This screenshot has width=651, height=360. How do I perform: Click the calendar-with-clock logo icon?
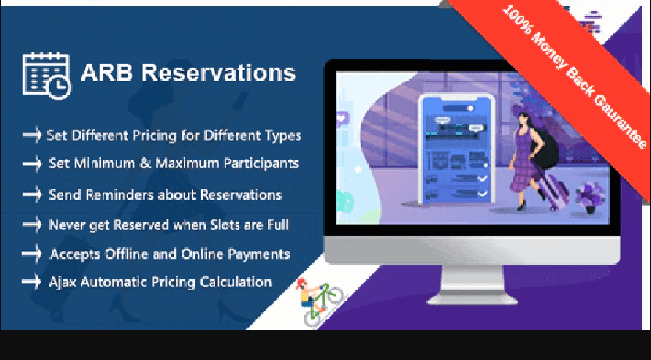click(46, 76)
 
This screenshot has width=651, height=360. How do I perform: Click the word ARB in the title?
click(106, 73)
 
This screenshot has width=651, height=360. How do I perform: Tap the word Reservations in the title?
click(218, 73)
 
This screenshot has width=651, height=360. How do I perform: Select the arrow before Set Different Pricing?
click(32, 135)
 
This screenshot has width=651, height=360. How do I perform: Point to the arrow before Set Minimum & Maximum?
click(32, 164)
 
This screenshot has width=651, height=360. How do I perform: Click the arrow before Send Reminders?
click(32, 194)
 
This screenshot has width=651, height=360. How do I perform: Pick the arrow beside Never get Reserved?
click(32, 225)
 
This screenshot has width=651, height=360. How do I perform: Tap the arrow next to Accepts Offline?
click(32, 254)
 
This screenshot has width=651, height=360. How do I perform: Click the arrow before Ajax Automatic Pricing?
click(31, 282)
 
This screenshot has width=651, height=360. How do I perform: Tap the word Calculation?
click(236, 282)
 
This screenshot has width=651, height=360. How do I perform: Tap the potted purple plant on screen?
click(589, 198)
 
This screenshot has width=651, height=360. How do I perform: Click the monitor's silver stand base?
click(472, 299)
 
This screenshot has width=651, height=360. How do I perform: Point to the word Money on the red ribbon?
click(548, 51)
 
